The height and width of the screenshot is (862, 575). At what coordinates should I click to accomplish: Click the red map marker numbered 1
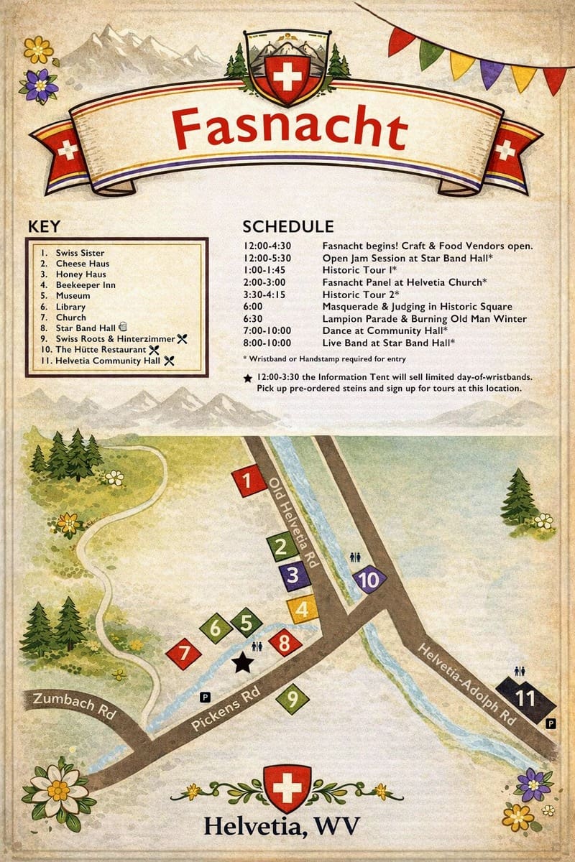pos(250,482)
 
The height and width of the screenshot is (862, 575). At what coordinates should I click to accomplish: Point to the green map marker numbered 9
pos(292,697)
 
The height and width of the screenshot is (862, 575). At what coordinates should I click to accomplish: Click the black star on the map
pos(242,662)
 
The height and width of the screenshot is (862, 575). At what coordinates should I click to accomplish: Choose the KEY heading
pos(44,226)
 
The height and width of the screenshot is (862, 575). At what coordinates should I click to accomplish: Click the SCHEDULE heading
pos(287,226)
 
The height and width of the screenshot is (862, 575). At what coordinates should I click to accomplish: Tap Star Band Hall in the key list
pos(80,328)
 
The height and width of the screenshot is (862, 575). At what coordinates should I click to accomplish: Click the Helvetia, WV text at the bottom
pos(281,826)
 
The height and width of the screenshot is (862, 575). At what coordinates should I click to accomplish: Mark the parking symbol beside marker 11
pos(551,723)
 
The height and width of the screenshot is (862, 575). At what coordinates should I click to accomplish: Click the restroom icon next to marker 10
pos(355,557)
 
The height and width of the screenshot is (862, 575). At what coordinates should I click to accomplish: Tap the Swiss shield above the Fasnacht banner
pos(287,75)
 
